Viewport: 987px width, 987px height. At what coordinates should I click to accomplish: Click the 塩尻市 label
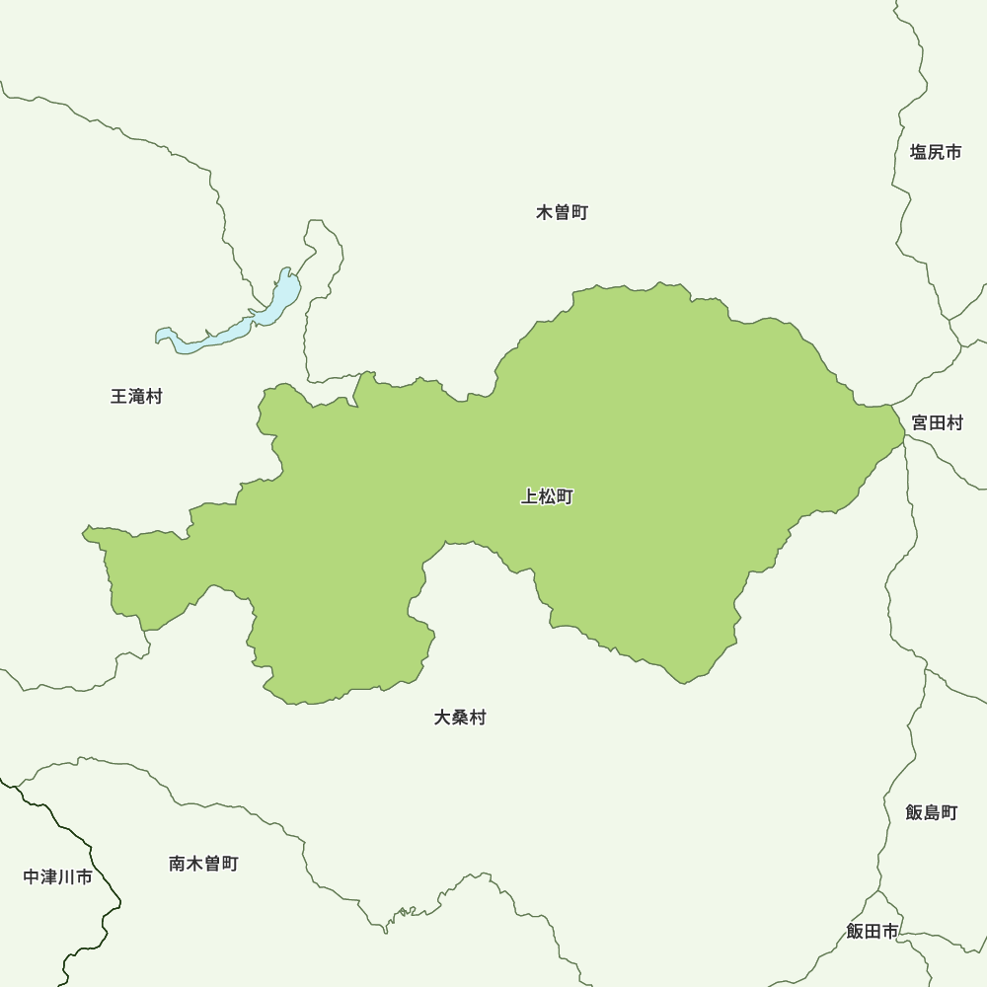pos(936,152)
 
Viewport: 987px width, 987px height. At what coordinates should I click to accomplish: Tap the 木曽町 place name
pos(563,212)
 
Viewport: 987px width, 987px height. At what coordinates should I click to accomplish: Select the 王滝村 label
pos(136,397)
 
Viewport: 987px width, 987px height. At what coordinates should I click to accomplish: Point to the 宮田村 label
pos(937,422)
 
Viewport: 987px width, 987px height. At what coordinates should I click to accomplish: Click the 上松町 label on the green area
pos(547,497)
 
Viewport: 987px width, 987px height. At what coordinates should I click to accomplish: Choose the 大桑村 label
pos(460,718)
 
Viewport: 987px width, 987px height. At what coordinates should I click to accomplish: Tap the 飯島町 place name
pos(932,812)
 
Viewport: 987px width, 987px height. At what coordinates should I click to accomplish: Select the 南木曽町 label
pos(203,864)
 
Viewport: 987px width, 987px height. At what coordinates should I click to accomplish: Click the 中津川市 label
pos(58,876)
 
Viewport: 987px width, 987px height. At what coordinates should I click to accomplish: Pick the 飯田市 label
pos(873,931)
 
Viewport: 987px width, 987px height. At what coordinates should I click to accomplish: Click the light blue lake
pos(237,327)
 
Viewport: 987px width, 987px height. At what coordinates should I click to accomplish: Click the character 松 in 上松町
pos(547,497)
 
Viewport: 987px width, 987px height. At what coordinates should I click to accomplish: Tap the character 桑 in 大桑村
pos(460,718)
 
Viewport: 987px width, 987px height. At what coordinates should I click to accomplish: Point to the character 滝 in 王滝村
pos(136,397)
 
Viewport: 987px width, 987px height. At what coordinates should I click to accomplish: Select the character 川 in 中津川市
pos(67,876)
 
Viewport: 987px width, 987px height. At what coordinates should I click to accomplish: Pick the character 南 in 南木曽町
pos(178,864)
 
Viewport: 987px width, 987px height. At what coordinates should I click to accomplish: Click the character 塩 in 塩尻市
pos(919,152)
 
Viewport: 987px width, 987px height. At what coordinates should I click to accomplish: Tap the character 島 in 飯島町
pos(932,812)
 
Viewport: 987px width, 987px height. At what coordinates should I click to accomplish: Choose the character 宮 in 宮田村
pos(920,422)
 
